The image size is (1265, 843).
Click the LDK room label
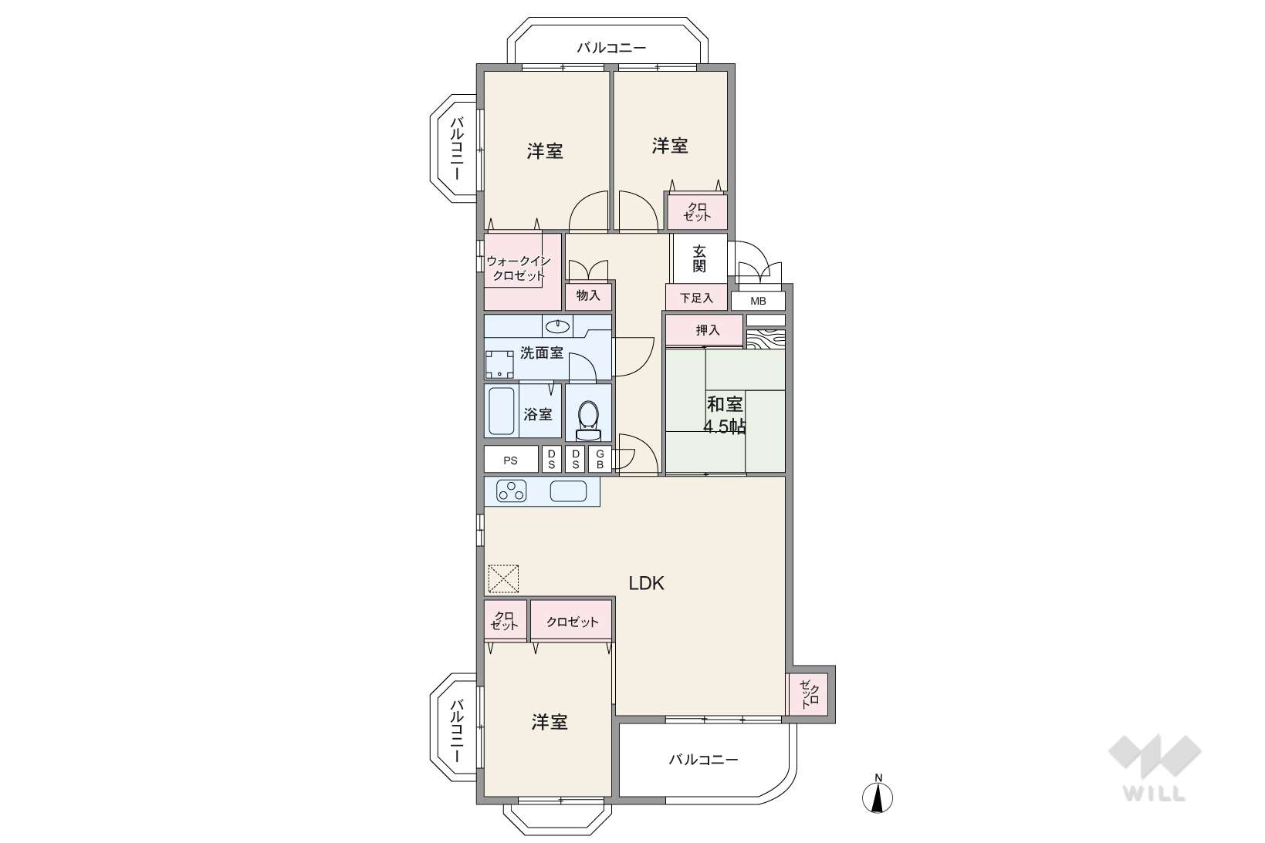click(647, 583)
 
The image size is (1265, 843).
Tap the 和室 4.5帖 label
click(725, 415)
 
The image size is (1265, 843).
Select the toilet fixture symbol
click(588, 420)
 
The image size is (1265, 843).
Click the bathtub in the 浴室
click(502, 411)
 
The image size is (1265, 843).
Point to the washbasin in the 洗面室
click(557, 326)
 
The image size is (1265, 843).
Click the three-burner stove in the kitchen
click(511, 491)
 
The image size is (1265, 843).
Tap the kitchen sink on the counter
click(568, 491)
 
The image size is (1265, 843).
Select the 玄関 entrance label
click(699, 258)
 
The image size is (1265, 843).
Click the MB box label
click(758, 302)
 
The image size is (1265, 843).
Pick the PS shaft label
click(510, 460)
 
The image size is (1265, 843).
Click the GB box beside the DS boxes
click(600, 460)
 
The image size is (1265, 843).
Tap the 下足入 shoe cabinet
click(696, 298)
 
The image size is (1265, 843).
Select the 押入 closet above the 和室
click(704, 330)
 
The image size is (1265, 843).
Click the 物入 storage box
click(588, 295)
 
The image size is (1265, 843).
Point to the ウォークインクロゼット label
click(518, 268)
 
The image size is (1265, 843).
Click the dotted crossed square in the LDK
click(503, 579)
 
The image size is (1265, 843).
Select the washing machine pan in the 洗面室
click(499, 365)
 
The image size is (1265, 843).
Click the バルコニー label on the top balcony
click(611, 48)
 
